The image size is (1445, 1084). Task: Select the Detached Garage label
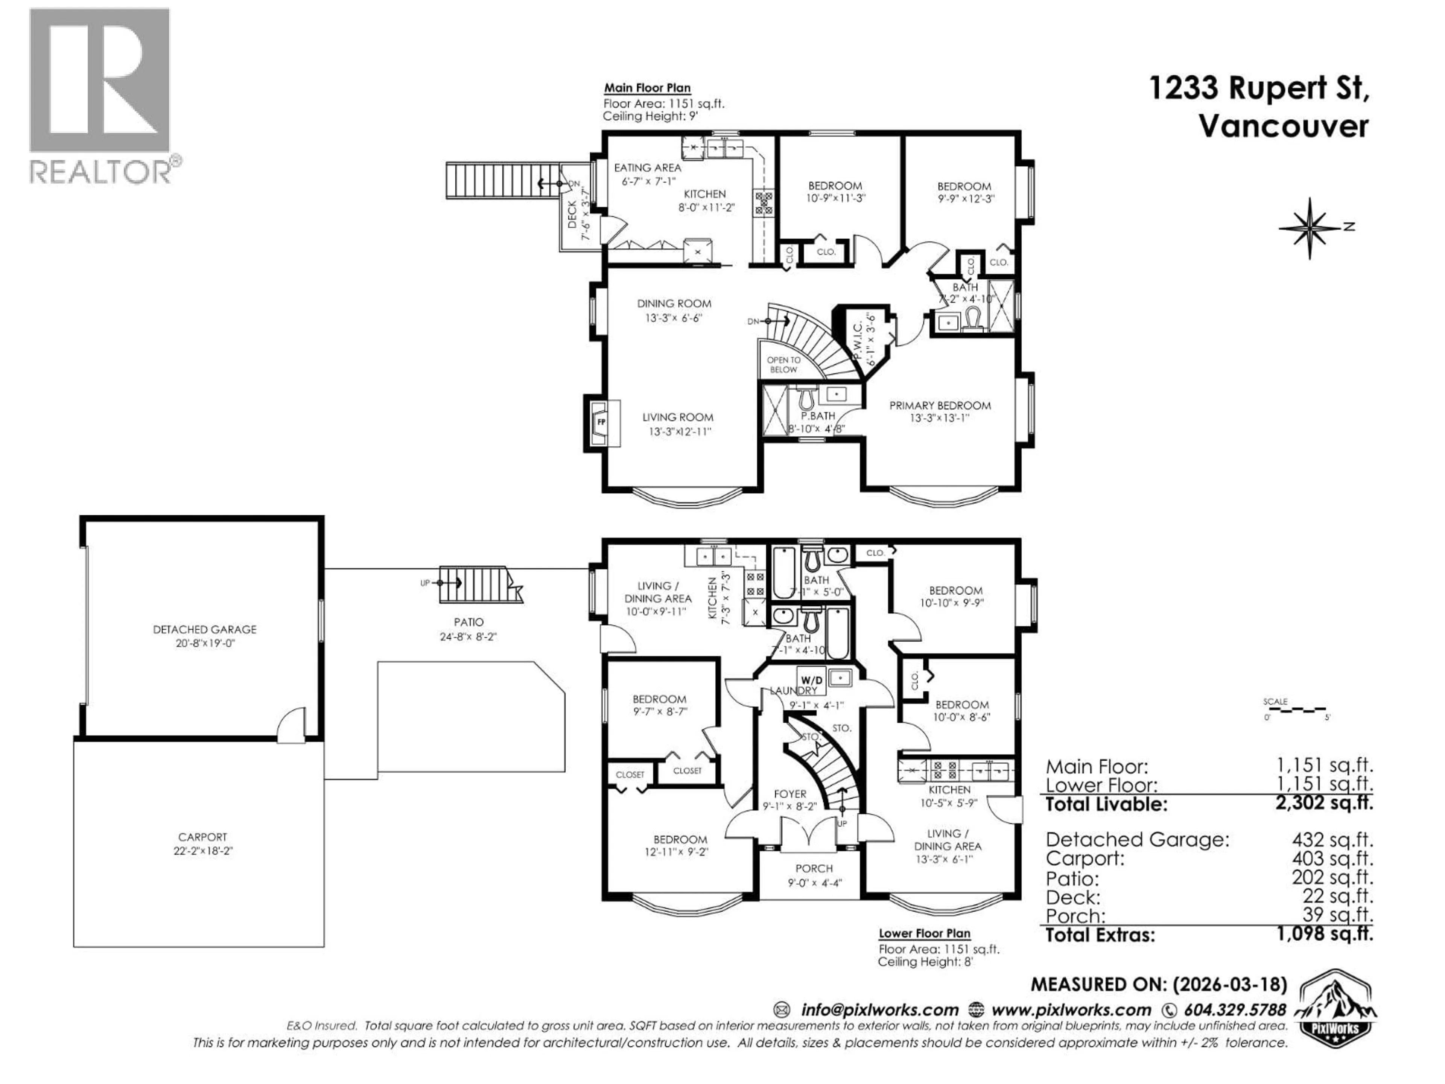click(x=204, y=629)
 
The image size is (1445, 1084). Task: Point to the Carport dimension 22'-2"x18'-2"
click(x=203, y=851)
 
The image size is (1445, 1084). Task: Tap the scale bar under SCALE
click(x=1295, y=709)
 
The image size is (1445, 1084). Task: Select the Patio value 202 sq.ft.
click(x=1332, y=877)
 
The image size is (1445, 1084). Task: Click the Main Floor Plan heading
click(x=647, y=88)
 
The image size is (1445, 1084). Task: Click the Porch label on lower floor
click(x=814, y=868)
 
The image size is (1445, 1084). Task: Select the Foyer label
click(x=790, y=794)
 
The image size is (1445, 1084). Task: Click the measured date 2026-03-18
click(x=1230, y=984)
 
